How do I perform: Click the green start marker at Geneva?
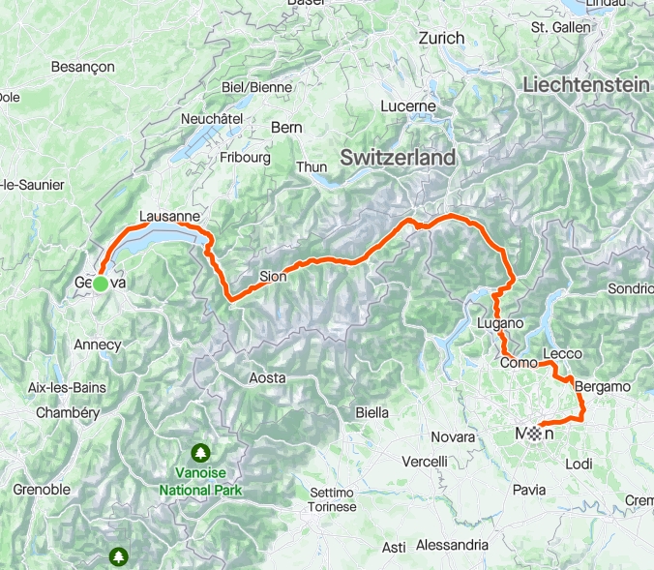click(x=100, y=283)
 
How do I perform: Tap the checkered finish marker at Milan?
click(x=536, y=434)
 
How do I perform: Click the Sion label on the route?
click(x=273, y=277)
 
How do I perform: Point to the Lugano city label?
click(x=500, y=322)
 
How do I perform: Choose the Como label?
click(x=519, y=362)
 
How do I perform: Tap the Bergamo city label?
click(x=602, y=386)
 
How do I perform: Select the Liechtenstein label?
click(x=585, y=85)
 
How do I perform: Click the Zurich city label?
click(x=441, y=38)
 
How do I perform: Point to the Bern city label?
click(x=286, y=127)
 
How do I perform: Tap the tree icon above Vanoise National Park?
click(x=200, y=452)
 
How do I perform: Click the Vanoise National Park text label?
click(x=200, y=482)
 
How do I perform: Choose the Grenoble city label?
click(x=42, y=490)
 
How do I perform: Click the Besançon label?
click(x=82, y=67)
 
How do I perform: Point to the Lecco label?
click(x=562, y=353)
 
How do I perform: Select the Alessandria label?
click(x=454, y=545)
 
